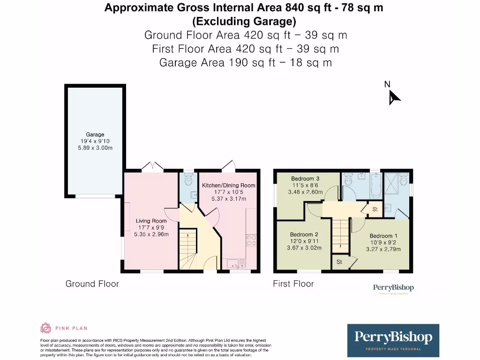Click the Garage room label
[x=95, y=135]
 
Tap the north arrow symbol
[x=394, y=97]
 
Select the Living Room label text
[x=151, y=221]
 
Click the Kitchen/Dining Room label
[x=228, y=186]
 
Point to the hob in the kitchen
[x=249, y=240]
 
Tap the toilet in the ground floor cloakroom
[x=188, y=180]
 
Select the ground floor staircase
[x=189, y=248]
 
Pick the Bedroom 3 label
[x=305, y=179]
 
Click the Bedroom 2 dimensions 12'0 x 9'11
[x=304, y=241]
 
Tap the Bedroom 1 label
[x=383, y=236]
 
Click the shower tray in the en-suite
[x=396, y=183]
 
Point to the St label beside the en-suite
[x=375, y=209]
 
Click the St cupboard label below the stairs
[x=339, y=262]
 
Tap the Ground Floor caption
[x=92, y=284]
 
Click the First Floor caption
[x=293, y=284]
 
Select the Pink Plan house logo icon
[x=46, y=328]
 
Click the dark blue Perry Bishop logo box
[x=393, y=340]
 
